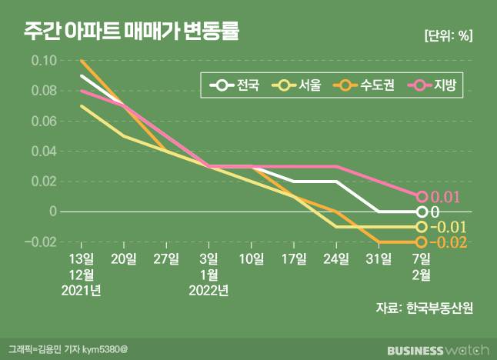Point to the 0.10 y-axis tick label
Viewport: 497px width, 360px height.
pos(44,61)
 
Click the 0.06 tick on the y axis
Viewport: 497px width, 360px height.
pos(44,121)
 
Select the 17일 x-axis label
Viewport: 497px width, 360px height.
pos(295,257)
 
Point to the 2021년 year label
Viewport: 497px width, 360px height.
pos(82,291)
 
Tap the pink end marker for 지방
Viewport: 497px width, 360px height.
pos(422,197)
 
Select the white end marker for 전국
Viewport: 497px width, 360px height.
pos(422,212)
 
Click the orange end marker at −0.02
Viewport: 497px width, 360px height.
pos(422,242)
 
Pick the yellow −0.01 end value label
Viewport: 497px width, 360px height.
pos(449,228)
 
